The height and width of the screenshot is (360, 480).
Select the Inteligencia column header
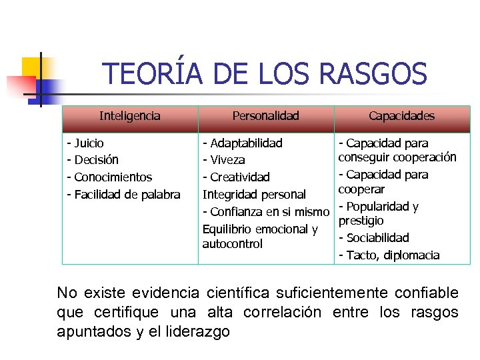point(130,116)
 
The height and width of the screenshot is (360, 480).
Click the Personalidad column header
point(265,116)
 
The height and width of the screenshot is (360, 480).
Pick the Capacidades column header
point(401,116)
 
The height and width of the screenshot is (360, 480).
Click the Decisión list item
point(93,160)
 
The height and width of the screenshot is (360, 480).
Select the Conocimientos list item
point(109,177)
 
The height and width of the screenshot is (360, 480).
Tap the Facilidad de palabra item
point(123,195)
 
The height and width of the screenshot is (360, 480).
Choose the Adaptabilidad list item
point(243,143)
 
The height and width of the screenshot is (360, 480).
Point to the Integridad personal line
point(254,195)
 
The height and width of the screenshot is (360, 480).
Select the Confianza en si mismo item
point(266,212)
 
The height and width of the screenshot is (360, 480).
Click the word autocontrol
point(233,244)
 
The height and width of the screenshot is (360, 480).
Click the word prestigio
point(361,220)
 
